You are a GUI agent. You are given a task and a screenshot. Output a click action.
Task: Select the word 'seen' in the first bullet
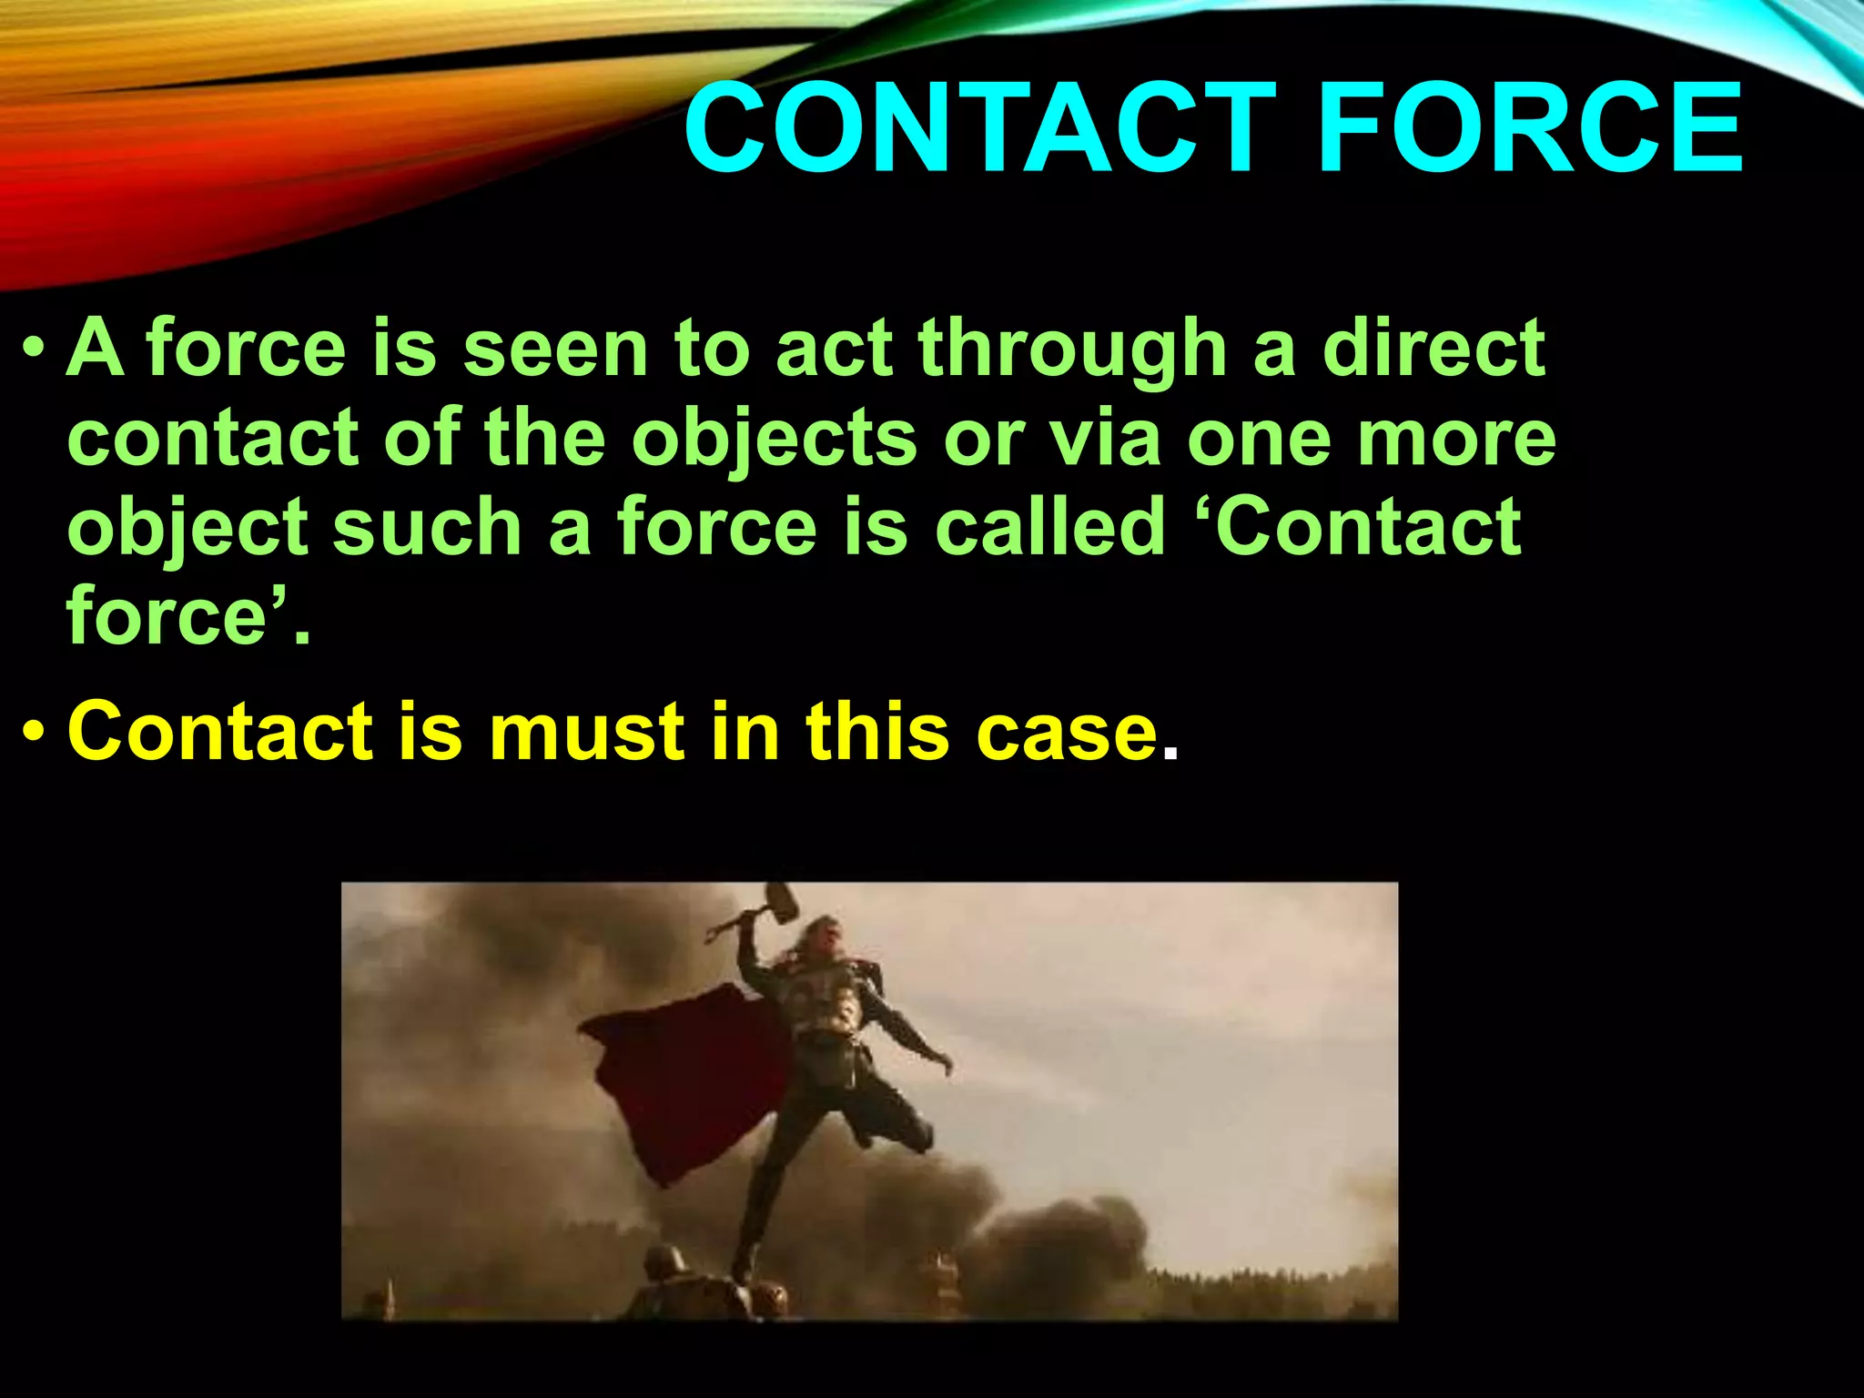coord(555,349)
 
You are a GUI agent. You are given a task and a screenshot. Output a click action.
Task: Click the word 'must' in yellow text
coord(587,732)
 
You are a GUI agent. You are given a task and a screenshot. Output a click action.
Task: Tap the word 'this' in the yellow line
coord(877,732)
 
